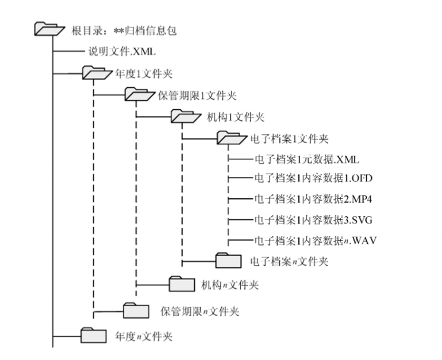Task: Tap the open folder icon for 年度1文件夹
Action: [95, 73]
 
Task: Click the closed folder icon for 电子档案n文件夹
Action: [228, 261]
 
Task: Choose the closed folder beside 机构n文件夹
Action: [182, 283]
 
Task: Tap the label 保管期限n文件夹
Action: [199, 311]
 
